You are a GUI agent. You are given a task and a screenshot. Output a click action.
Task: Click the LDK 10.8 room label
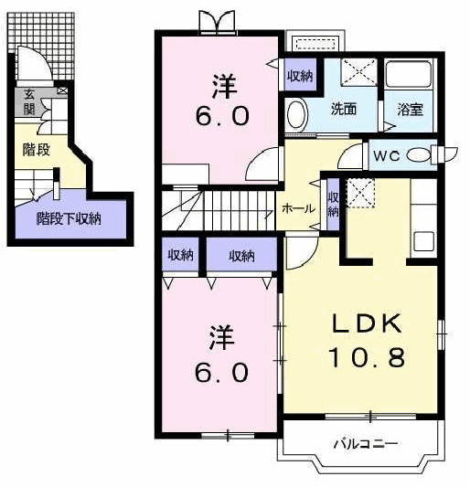pos(367,341)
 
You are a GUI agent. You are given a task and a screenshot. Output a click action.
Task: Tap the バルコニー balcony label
pos(366,444)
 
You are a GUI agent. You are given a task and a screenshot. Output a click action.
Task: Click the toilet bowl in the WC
pos(419,155)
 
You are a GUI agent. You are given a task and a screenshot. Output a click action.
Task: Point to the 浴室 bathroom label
pos(410,110)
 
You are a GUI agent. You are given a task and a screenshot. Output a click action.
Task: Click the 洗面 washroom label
pos(343,109)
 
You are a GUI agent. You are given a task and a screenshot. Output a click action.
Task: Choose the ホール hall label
pos(298,208)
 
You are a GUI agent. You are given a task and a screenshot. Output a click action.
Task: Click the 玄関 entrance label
pos(29,102)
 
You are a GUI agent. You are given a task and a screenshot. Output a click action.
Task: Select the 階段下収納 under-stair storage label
pos(69,219)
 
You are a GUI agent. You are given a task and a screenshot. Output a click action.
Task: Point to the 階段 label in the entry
pos(37,150)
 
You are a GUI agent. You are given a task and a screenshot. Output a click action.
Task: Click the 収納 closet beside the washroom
pos(300,75)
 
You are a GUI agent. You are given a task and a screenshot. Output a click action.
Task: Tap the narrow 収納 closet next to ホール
pos(333,205)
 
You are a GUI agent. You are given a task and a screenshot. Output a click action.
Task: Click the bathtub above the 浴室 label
pos(409,75)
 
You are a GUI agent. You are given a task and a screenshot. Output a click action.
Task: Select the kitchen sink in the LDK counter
pos(424,241)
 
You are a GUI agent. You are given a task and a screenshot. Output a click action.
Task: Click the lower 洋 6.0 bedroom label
pos(222,354)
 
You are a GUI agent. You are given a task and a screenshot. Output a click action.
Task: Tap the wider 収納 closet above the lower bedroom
pos(241,254)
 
